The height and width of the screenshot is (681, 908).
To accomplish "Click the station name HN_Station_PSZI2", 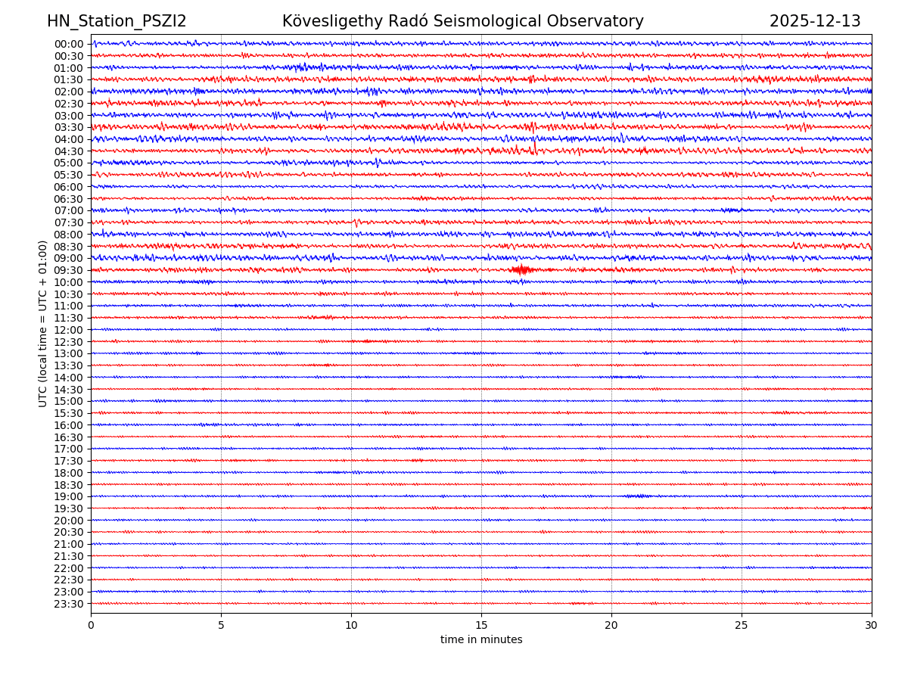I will pyautogui.click(x=117, y=21).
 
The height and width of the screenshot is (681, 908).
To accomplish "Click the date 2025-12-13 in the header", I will pyautogui.click(x=815, y=21).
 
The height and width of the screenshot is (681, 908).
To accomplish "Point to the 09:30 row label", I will pyautogui.click(x=69, y=270).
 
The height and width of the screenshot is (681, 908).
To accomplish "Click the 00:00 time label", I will pyautogui.click(x=69, y=44).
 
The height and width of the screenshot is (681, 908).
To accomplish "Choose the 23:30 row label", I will pyautogui.click(x=69, y=604).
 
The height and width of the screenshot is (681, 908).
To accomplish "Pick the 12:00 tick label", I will pyautogui.click(x=69, y=330).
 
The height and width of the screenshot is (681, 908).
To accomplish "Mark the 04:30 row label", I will pyautogui.click(x=69, y=151).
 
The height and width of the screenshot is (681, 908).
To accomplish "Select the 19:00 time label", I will pyautogui.click(x=69, y=496).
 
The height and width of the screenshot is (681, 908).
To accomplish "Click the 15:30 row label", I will pyautogui.click(x=69, y=413).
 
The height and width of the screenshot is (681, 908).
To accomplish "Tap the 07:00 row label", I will pyautogui.click(x=69, y=210).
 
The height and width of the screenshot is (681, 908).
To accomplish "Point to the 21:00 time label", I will pyautogui.click(x=69, y=544).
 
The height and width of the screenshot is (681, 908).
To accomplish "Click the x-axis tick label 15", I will pyautogui.click(x=481, y=626).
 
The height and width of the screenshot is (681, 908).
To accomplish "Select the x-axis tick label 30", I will pyautogui.click(x=872, y=626).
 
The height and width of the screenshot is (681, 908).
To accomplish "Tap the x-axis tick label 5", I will pyautogui.click(x=221, y=626).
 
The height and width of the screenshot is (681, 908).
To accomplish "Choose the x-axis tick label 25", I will pyautogui.click(x=742, y=626).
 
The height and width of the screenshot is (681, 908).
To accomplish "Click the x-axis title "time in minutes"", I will pyautogui.click(x=481, y=640).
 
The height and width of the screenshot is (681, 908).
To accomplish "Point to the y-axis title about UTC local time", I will pyautogui.click(x=44, y=323).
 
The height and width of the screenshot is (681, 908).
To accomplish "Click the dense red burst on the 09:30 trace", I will pyautogui.click(x=521, y=269).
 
